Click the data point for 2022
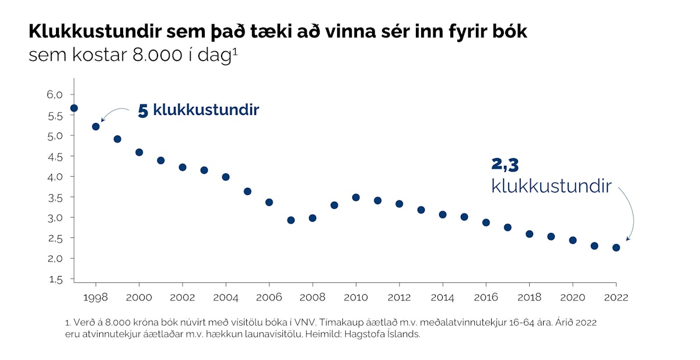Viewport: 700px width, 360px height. tap(616, 247)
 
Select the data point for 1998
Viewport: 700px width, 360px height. tap(96, 127)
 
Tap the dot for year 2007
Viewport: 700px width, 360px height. tap(290, 220)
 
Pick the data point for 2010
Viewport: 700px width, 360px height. tap(356, 197)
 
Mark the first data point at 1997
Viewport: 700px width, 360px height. tap(74, 108)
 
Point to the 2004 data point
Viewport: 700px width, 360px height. tap(226, 177)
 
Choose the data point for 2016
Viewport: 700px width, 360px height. tap(486, 222)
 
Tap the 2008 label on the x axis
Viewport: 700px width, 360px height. tap(312, 298)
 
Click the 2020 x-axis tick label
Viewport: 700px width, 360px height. tap(572, 298)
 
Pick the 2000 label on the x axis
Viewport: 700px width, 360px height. tap(139, 298)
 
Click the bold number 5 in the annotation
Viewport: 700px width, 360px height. tap(143, 111)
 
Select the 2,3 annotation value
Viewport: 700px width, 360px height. tap(505, 165)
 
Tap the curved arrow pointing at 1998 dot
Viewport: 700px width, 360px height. tap(113, 112)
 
